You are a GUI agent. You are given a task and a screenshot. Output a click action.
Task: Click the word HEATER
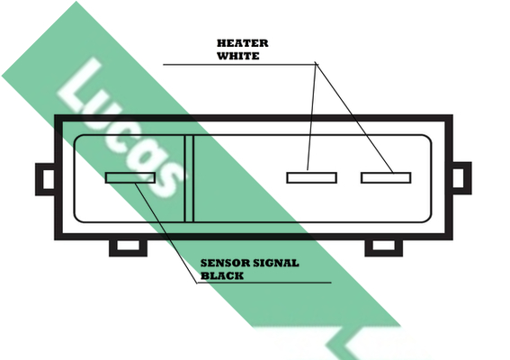click(x=243, y=43)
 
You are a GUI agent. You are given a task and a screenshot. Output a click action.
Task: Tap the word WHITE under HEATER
click(x=238, y=56)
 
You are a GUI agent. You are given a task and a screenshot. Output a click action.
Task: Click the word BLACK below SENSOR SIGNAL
click(x=222, y=275)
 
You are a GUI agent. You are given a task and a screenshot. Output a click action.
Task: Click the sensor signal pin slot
click(x=130, y=177)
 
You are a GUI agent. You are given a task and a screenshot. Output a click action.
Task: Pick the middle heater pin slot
click(x=311, y=177)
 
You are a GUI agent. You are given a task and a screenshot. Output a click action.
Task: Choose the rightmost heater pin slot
click(x=386, y=177)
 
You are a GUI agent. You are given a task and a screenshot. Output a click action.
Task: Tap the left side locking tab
click(x=45, y=179)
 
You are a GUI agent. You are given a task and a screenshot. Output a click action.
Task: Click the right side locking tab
click(x=461, y=178)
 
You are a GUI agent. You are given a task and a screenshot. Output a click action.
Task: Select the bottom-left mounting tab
click(x=128, y=248)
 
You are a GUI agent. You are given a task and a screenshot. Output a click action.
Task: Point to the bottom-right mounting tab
click(x=384, y=248)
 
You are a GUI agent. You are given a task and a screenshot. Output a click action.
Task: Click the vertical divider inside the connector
click(x=189, y=178)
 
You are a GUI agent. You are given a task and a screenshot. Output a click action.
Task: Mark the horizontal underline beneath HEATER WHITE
click(x=240, y=65)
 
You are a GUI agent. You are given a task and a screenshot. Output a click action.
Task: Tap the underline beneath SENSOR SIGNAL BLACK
click(x=264, y=283)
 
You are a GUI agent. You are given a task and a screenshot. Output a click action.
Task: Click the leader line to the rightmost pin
click(x=354, y=118)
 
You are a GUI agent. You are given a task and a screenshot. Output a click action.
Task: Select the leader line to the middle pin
click(x=311, y=116)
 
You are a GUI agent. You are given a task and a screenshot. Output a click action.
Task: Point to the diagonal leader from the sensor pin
click(x=166, y=233)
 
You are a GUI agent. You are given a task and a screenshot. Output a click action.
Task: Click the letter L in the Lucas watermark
click(x=82, y=88)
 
